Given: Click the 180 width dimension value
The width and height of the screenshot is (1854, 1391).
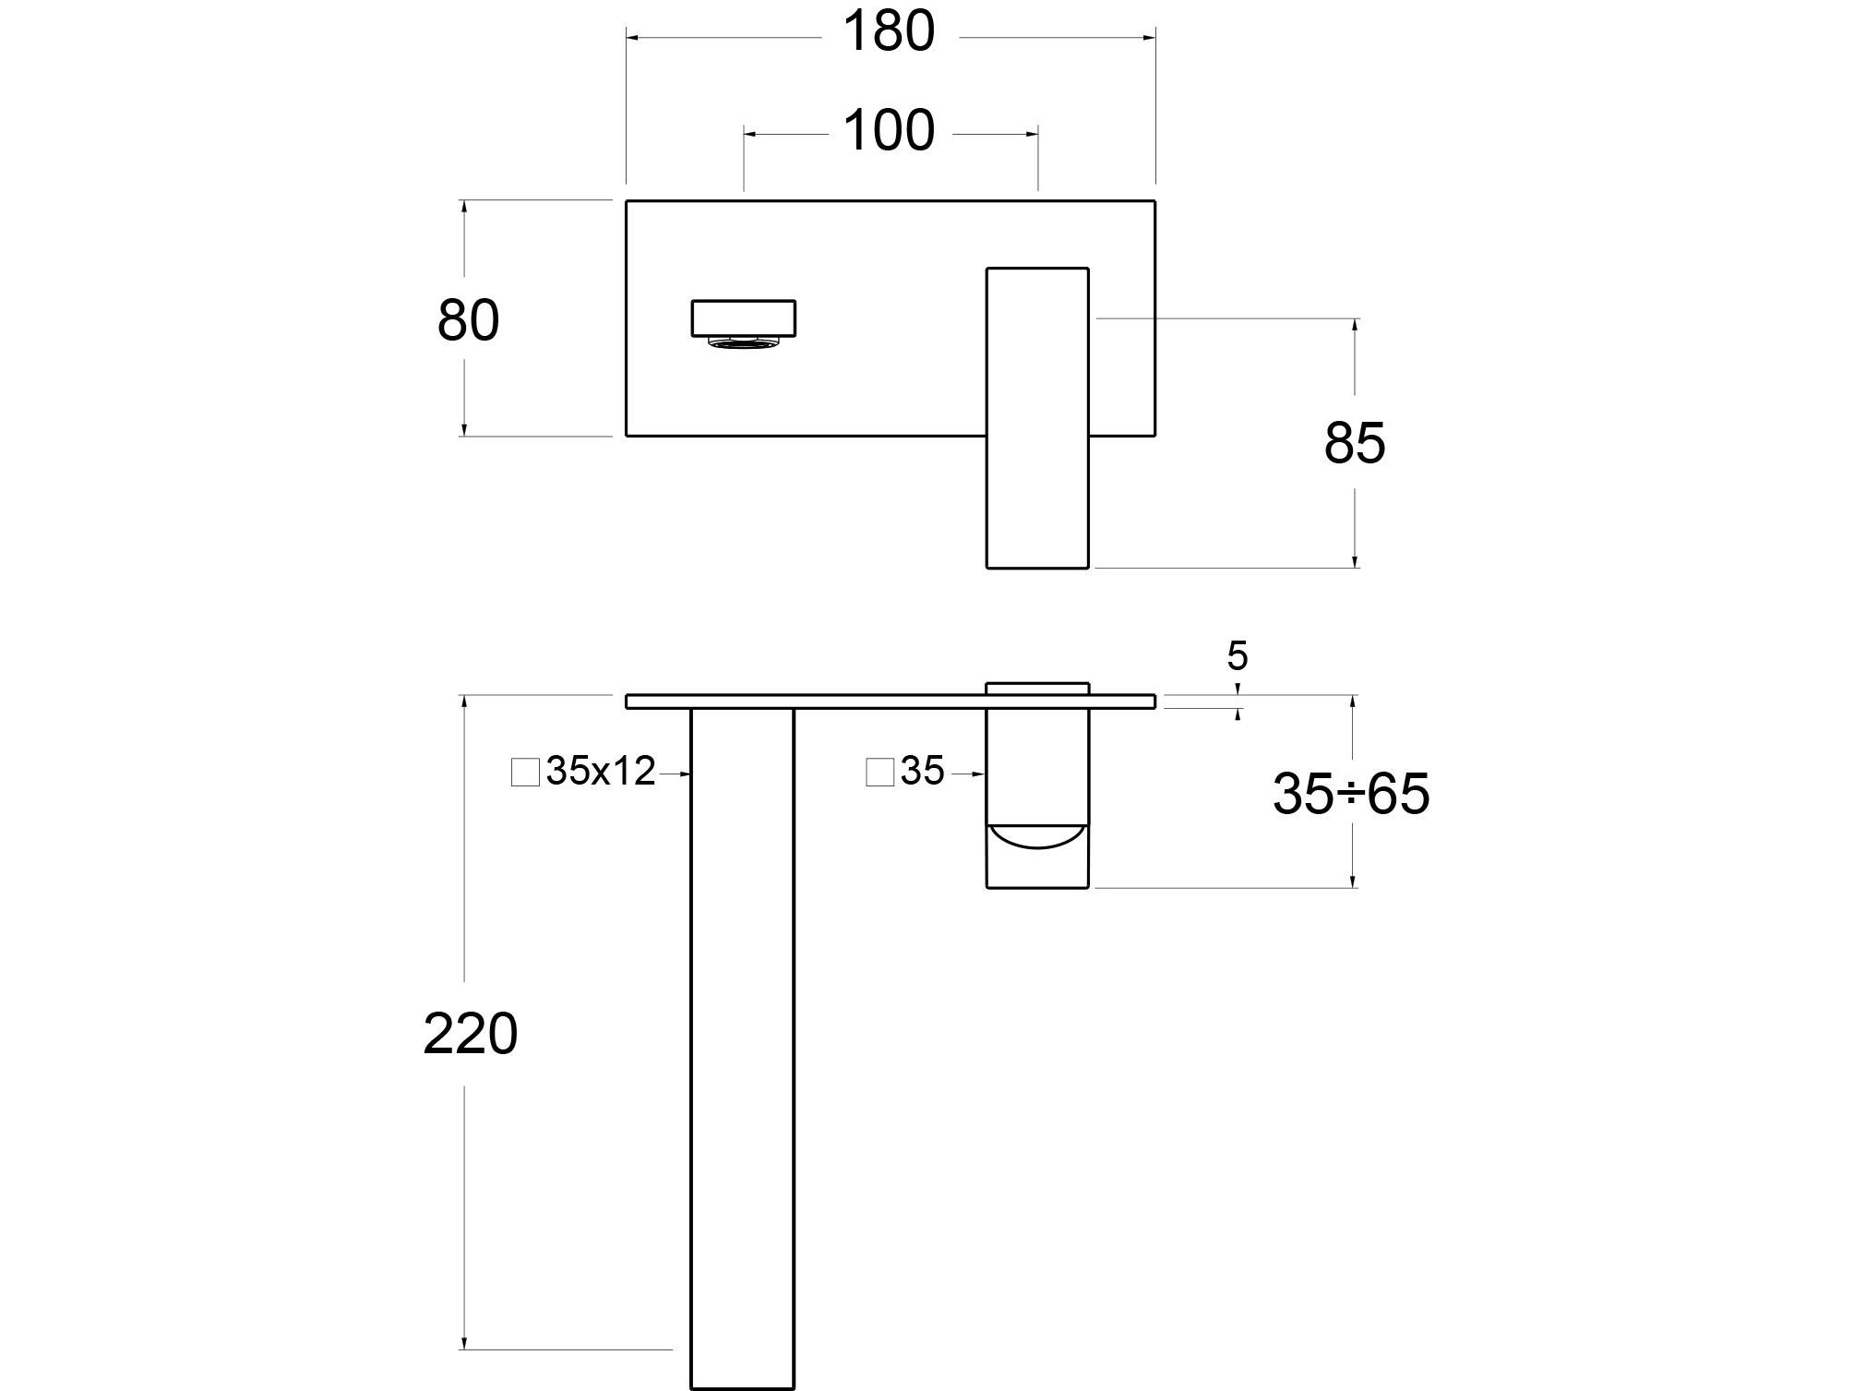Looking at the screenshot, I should pos(889,33).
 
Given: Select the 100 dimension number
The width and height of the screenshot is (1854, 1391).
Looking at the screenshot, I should pos(889,132).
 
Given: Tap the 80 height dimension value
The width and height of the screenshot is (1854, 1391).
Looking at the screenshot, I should pos(468,321).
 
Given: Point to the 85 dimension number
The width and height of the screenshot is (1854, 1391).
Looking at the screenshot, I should pos(1354,443).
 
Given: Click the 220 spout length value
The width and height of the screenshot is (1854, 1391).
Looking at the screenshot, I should pos(470,1034).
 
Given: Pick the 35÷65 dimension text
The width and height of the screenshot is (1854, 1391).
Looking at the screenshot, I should pos(1350,794).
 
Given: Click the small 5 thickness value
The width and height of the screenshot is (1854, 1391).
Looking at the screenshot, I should pos(1237,656).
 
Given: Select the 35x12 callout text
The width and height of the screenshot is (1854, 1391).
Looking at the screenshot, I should pos(600,772).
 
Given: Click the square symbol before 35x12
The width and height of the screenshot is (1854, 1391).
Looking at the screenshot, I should pos(525,773).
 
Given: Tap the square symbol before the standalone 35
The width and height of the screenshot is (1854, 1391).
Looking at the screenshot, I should pos(879,773).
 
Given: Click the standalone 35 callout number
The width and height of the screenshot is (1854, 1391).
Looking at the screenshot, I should pos(922,772).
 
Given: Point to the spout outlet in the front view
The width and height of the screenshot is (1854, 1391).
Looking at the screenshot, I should pos(744,318).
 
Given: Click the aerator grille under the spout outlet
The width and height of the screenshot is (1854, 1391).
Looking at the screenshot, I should pos(744,343).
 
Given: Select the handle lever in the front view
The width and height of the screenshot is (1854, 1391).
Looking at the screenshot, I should pos(1037,417).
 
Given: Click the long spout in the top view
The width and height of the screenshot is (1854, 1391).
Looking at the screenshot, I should pos(742,1043).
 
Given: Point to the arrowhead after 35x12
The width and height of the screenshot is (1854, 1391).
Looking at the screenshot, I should pos(684,774).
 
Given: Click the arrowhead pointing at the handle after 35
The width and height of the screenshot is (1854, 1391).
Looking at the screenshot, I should pos(979,774).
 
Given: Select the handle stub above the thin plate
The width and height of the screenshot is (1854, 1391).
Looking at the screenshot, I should pos(1037,688).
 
